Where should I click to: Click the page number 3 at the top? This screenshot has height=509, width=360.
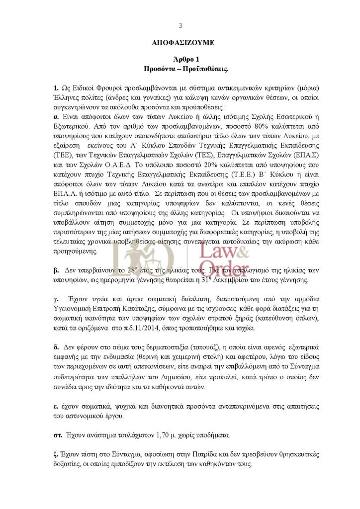[x=180, y=26]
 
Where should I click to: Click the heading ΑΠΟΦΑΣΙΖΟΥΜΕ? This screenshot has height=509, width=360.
[x=180, y=43]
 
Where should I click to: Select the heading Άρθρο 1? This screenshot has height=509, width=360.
[x=180, y=59]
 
